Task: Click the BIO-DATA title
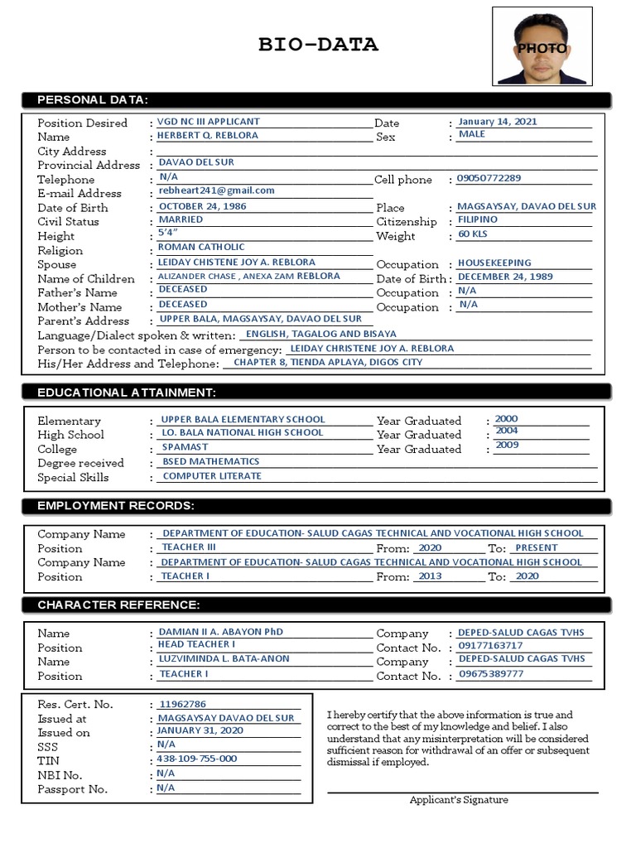click(x=317, y=45)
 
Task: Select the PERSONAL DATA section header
click(x=93, y=100)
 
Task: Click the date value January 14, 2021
click(x=498, y=122)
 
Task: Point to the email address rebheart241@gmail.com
click(x=216, y=190)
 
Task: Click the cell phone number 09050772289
click(x=489, y=179)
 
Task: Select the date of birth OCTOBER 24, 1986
click(x=203, y=206)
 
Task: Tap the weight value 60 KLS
click(x=474, y=235)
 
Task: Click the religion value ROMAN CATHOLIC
click(x=201, y=247)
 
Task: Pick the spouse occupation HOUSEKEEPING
click(x=494, y=263)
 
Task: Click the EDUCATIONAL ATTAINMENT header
click(x=127, y=392)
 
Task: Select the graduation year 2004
click(x=506, y=431)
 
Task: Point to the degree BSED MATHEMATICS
click(x=210, y=462)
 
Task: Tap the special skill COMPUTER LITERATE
click(x=212, y=476)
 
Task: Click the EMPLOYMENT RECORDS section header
click(x=116, y=505)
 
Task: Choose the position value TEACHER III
click(x=188, y=547)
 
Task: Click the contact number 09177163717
click(x=490, y=646)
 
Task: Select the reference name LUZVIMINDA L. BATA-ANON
click(x=221, y=660)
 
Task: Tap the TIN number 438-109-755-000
click(x=197, y=759)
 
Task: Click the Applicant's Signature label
click(x=459, y=800)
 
